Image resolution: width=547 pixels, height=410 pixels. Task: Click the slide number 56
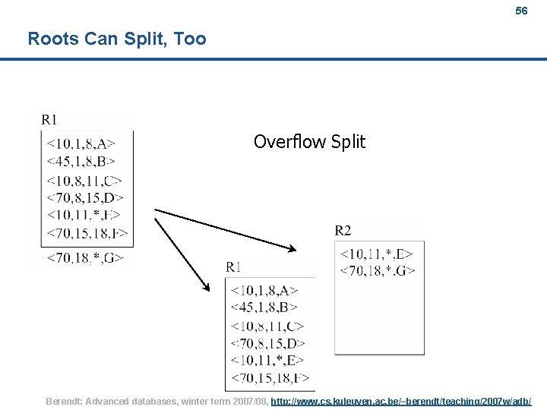point(520,11)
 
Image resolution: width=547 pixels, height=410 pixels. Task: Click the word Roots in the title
point(52,39)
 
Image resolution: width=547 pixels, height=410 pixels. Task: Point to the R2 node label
point(343,230)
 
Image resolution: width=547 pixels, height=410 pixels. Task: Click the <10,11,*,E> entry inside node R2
point(377,254)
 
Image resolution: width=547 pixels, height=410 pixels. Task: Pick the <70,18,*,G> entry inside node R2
point(377,270)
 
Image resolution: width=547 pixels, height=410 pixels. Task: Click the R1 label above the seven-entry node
point(49,119)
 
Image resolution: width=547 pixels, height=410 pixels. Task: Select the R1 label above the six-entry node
point(233,266)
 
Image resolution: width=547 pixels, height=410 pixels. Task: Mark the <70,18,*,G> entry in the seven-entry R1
point(85,258)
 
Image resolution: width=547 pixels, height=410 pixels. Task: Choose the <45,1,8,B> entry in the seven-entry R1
point(81,160)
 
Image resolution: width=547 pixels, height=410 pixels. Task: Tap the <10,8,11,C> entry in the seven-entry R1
point(84,181)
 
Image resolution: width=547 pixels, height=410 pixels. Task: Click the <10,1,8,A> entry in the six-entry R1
point(264,290)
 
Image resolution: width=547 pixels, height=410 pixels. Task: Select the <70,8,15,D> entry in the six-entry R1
point(268,343)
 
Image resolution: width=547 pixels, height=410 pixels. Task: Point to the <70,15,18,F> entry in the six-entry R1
point(270,377)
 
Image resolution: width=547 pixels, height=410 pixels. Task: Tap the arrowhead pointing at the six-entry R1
point(206,287)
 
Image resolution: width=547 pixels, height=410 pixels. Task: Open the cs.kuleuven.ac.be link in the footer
point(400,401)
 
